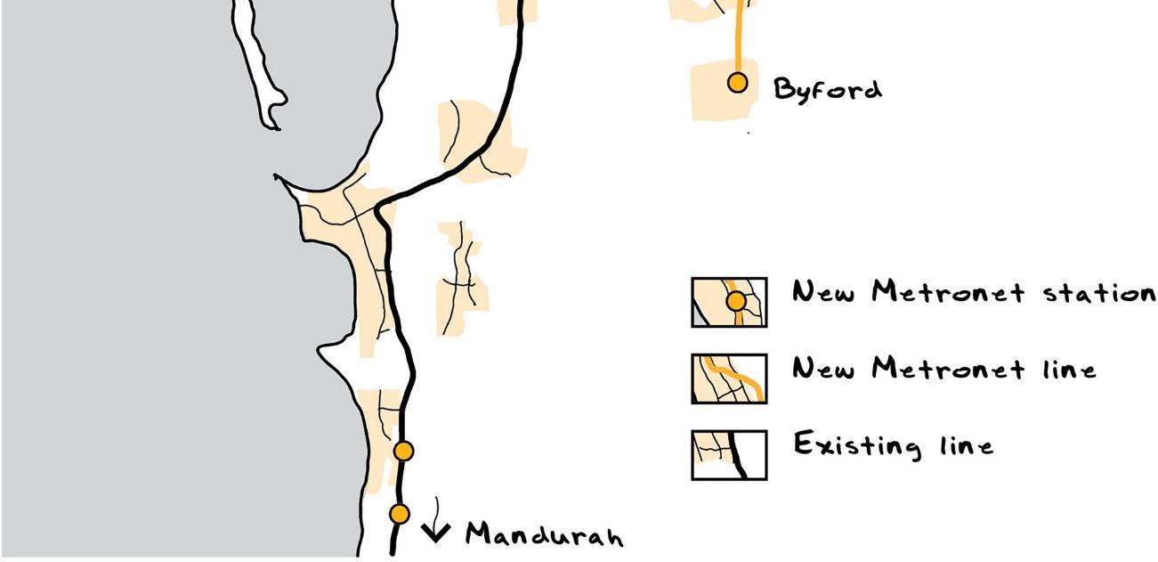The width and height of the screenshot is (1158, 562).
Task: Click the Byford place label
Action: click(827, 90)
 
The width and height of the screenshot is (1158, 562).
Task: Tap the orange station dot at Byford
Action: click(737, 83)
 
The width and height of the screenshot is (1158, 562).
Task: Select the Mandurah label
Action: click(545, 534)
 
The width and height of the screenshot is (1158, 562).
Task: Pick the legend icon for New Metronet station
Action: click(729, 302)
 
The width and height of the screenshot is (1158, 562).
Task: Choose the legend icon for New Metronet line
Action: click(729, 379)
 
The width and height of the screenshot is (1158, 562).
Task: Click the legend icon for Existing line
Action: click(729, 454)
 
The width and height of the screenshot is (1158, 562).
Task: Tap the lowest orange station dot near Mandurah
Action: click(400, 514)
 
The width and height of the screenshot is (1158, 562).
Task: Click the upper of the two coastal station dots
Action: click(404, 452)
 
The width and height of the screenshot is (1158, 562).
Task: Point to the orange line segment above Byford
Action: click(738, 36)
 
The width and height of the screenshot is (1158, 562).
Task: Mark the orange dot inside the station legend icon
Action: click(736, 302)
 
